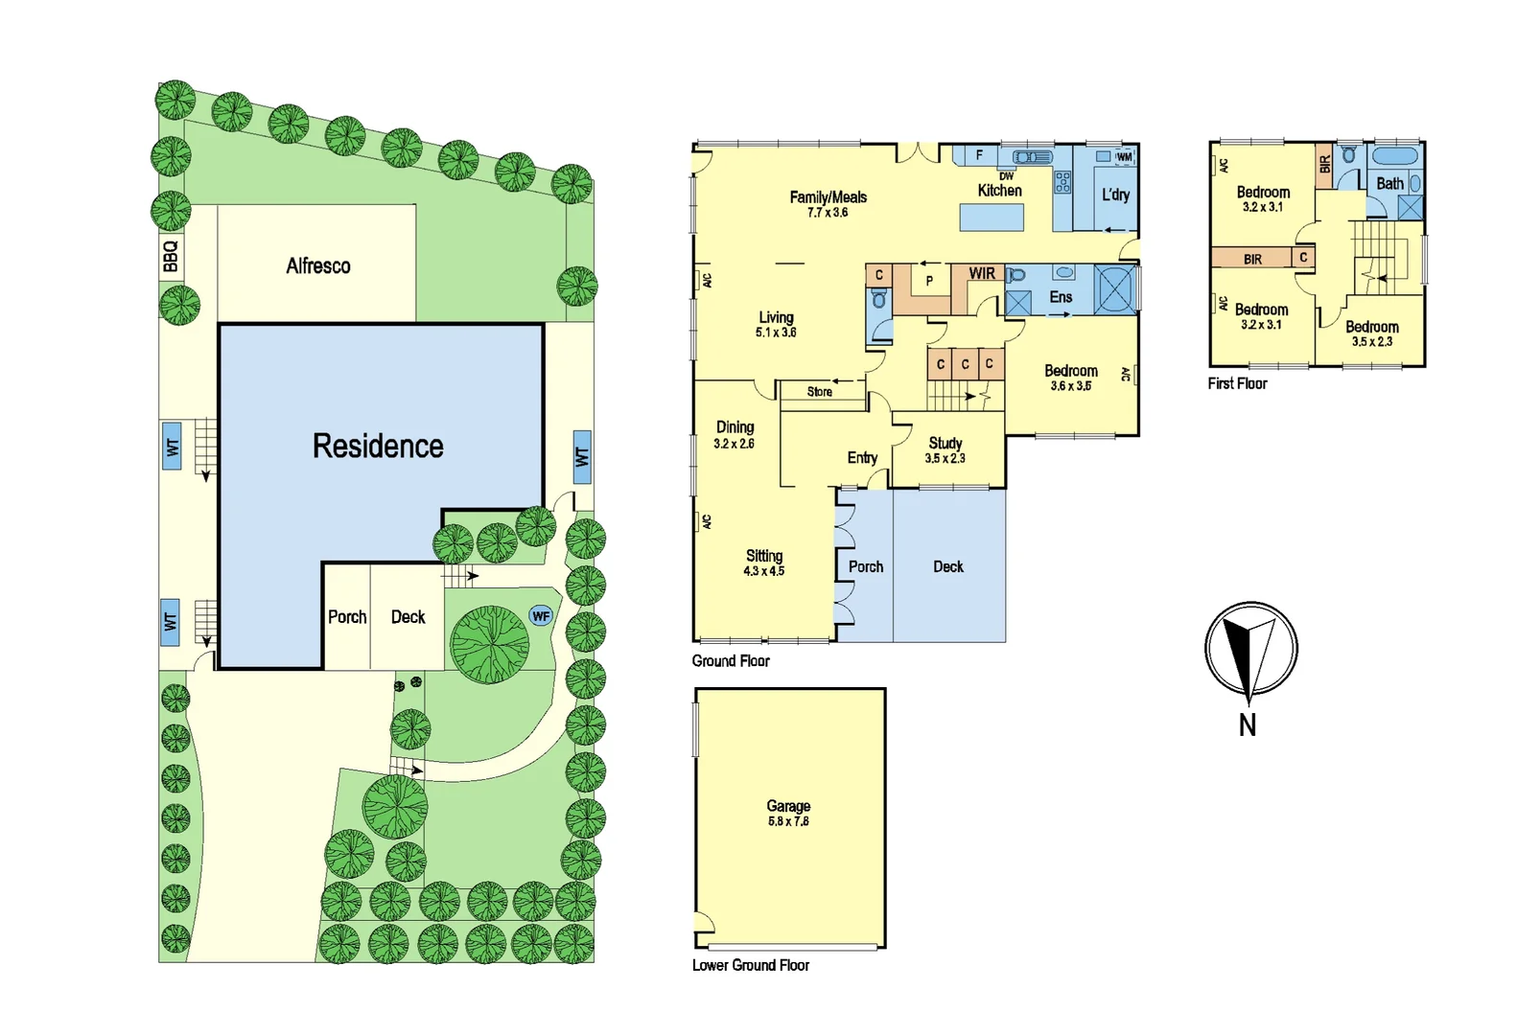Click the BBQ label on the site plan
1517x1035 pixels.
point(171,256)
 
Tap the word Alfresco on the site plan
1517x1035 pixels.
point(317,265)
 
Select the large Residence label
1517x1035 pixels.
point(378,446)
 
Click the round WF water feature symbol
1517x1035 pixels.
point(541,616)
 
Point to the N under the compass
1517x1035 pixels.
point(1247,724)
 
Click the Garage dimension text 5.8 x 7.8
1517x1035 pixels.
point(788,821)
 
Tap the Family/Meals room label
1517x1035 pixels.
point(828,197)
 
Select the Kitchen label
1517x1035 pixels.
point(999,191)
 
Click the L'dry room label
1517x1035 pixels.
point(1115,195)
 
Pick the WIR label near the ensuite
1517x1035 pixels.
point(982,273)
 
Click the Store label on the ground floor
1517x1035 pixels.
point(819,392)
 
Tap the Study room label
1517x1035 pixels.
point(945,443)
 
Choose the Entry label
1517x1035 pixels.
point(862,458)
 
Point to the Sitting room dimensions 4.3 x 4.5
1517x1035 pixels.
point(763,571)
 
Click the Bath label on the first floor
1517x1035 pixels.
point(1389,183)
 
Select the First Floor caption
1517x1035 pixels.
point(1237,383)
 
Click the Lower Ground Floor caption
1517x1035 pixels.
point(751,965)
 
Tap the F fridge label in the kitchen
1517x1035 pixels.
point(979,155)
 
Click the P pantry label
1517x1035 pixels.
point(928,281)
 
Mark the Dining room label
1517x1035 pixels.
point(735,427)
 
